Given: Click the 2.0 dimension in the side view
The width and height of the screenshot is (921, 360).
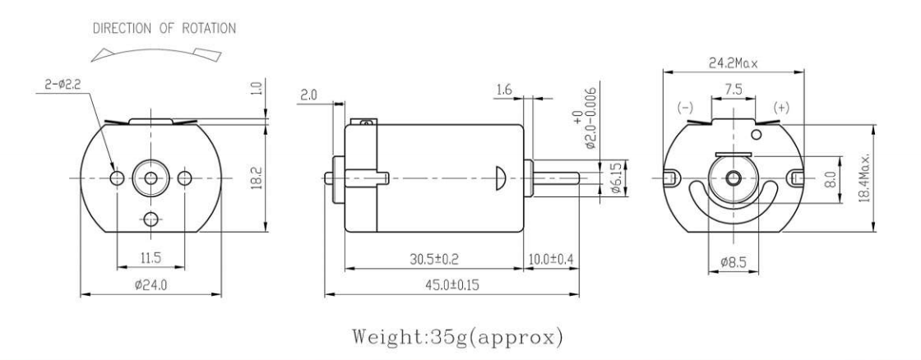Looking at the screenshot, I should click(x=308, y=95).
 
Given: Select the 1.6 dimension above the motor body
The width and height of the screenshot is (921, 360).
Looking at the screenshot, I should click(x=505, y=88).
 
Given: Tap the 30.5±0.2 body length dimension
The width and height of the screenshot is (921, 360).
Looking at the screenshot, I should click(x=433, y=259).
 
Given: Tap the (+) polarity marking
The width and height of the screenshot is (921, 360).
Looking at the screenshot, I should click(x=782, y=108).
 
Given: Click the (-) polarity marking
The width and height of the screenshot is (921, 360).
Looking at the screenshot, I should click(x=684, y=108).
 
